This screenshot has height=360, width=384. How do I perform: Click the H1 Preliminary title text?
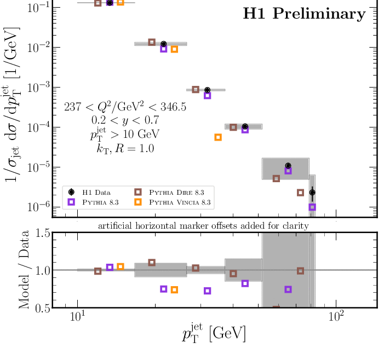tap(304, 14)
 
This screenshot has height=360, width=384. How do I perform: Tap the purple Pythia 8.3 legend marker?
tap(71, 202)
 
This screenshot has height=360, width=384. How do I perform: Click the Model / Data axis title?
tap(25, 270)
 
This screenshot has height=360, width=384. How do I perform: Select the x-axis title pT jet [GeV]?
tap(214, 333)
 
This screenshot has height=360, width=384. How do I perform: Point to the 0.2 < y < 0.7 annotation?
tap(124, 119)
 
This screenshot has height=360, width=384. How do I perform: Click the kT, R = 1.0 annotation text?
tap(124, 148)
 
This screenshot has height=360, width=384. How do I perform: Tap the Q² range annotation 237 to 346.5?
tap(125, 107)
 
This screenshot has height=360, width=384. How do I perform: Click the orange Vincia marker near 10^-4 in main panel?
tap(218, 137)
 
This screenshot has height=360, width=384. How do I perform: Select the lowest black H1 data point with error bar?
tap(312, 193)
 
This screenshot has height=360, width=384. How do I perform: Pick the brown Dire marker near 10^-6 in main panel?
tap(300, 193)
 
